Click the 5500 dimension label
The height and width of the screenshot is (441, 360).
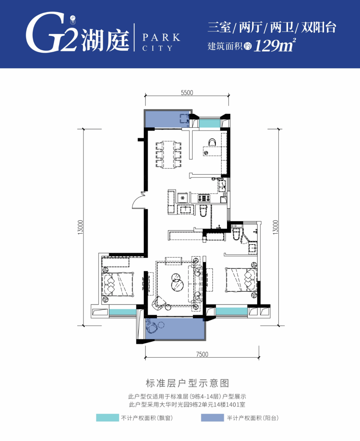click(x=187, y=93)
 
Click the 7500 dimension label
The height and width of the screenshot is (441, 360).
click(x=202, y=354)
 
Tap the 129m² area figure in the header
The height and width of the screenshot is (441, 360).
click(x=275, y=45)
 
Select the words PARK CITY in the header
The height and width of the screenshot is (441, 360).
click(x=161, y=42)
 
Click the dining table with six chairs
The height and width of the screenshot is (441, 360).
click(x=168, y=155)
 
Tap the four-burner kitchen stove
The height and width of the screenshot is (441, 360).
click(x=204, y=198)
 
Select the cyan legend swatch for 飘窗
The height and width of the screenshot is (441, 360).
click(x=107, y=418)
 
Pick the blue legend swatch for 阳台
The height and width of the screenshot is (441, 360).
click(x=212, y=418)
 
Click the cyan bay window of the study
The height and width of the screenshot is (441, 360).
click(x=209, y=123)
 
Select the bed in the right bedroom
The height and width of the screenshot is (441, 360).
click(x=241, y=280)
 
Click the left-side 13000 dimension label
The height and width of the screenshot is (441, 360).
click(x=81, y=227)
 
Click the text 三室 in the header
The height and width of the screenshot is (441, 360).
click(x=219, y=27)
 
